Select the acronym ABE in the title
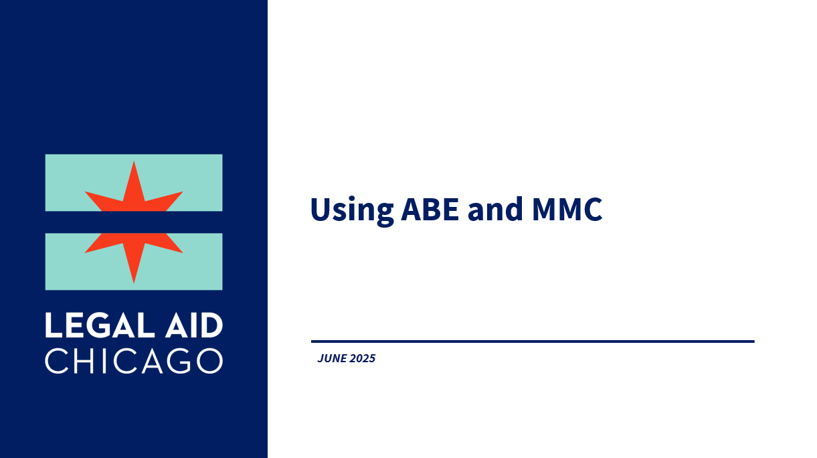click(430, 209)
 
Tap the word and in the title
click(495, 208)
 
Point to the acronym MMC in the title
click(567, 209)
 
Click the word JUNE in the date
click(332, 358)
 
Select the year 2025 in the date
click(362, 358)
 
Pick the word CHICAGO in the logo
click(134, 360)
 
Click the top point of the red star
click(134, 161)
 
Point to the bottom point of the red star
click(134, 283)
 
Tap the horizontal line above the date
click(533, 341)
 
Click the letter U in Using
click(321, 209)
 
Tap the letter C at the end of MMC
click(592, 209)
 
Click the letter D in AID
click(211, 325)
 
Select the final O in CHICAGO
click(209, 360)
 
